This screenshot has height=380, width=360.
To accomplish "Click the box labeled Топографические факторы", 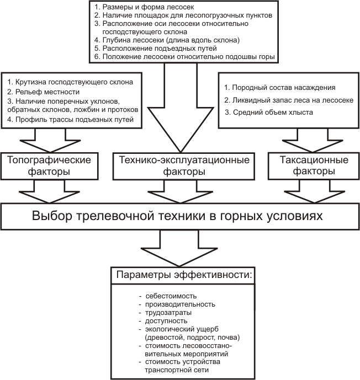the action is (x=50, y=166).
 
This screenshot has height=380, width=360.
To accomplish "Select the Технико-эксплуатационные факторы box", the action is (x=184, y=166).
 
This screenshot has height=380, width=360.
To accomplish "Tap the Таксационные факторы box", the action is (x=314, y=166).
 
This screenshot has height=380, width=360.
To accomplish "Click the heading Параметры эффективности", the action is (x=184, y=275).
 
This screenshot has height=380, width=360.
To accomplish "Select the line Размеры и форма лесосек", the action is (x=144, y=7).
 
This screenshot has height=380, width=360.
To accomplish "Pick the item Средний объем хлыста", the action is (x=268, y=112).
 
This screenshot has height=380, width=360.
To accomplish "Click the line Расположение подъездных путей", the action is (x=156, y=48).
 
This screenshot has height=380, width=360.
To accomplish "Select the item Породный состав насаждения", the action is (x=280, y=88).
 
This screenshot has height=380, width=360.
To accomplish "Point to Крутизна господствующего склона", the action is (x=70, y=82).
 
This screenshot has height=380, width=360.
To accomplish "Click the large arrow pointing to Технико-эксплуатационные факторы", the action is (x=181, y=108).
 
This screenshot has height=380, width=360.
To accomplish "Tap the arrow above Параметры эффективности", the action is (x=179, y=248).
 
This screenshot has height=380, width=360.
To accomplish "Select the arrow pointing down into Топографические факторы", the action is (x=50, y=140).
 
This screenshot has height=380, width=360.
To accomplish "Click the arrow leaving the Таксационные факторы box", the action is (x=314, y=191).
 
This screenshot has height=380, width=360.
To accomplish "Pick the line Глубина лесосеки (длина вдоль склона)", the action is (x=167, y=40).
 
